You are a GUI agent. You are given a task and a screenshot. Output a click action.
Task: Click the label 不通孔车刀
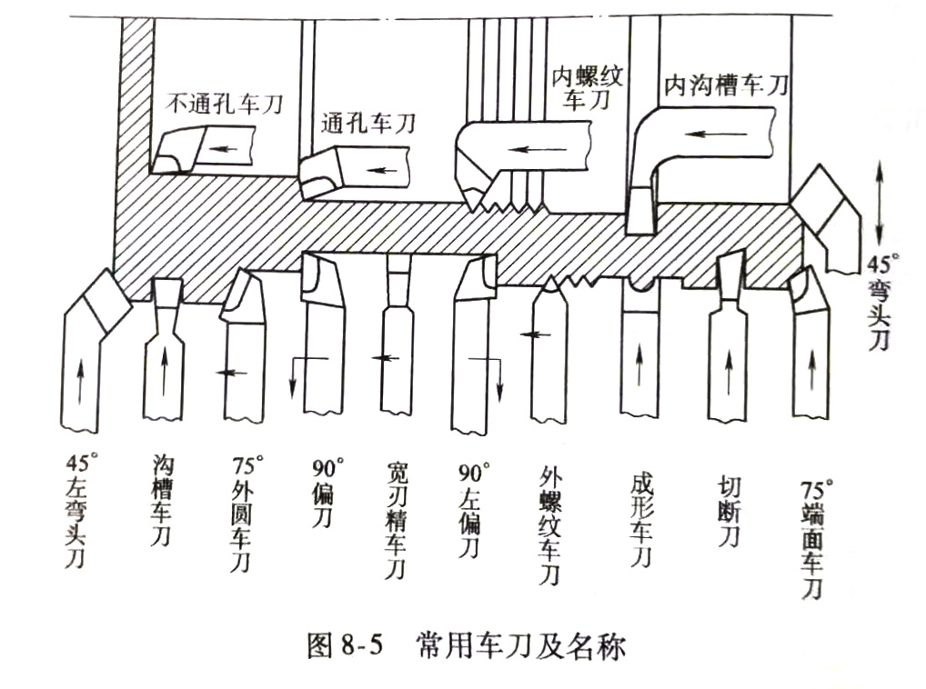pos(224,104)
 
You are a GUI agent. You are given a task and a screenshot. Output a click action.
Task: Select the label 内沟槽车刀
pos(725,86)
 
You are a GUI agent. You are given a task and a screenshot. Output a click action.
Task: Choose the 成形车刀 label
pos(641,517)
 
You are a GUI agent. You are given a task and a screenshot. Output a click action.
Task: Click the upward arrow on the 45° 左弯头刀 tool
pos(81,382)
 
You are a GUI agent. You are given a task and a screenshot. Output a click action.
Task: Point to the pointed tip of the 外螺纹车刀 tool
pos(550,283)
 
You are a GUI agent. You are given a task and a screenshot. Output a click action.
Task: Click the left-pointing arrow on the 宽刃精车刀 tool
pos(387,358)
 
